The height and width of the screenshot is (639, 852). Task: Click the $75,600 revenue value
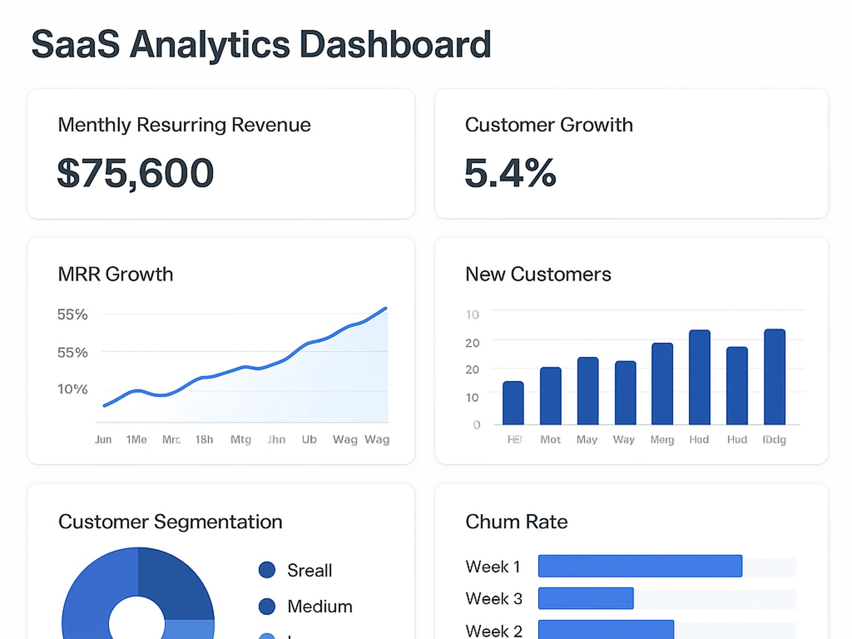click(135, 174)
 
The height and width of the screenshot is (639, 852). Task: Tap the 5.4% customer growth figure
click(510, 174)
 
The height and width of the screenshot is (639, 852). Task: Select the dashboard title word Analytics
click(210, 45)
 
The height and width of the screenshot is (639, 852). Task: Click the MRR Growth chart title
click(116, 274)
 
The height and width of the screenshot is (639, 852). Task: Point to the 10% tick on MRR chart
click(72, 389)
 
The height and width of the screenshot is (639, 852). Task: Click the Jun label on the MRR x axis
click(103, 440)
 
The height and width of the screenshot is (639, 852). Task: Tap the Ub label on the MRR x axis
click(309, 440)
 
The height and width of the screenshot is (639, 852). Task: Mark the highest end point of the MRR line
click(386, 308)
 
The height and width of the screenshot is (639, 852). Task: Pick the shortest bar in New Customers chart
click(513, 403)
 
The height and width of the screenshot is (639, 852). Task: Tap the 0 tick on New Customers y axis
click(477, 425)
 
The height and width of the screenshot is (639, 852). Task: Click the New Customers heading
click(538, 274)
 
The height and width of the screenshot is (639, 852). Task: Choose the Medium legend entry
click(319, 607)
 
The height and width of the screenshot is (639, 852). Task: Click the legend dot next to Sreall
click(267, 570)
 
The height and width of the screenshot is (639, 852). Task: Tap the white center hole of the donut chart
click(137, 620)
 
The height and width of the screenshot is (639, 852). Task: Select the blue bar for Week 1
click(640, 566)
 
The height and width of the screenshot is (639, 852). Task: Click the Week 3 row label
click(494, 599)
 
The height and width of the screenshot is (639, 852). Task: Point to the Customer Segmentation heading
click(170, 522)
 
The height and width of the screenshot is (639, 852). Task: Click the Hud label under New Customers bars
click(737, 440)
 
